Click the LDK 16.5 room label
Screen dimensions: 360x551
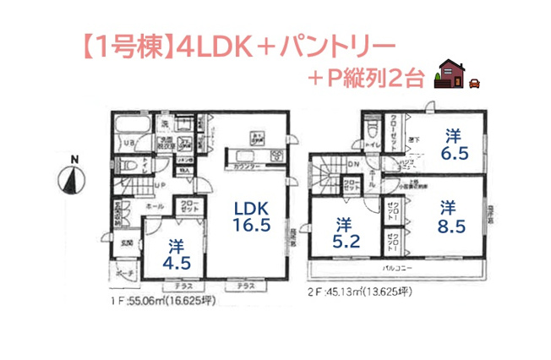[252, 215]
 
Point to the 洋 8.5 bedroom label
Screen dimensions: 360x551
[446, 215]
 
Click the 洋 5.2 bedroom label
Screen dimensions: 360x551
[343, 232]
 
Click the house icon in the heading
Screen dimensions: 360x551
[452, 75]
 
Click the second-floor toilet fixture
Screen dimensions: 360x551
[371, 128]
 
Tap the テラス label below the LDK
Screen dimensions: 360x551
[246, 286]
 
